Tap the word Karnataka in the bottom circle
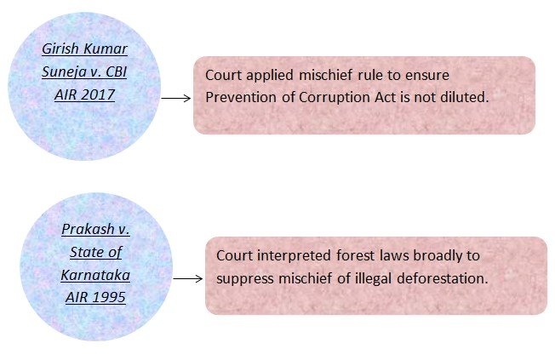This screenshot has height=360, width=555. pyautogui.click(x=83, y=275)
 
